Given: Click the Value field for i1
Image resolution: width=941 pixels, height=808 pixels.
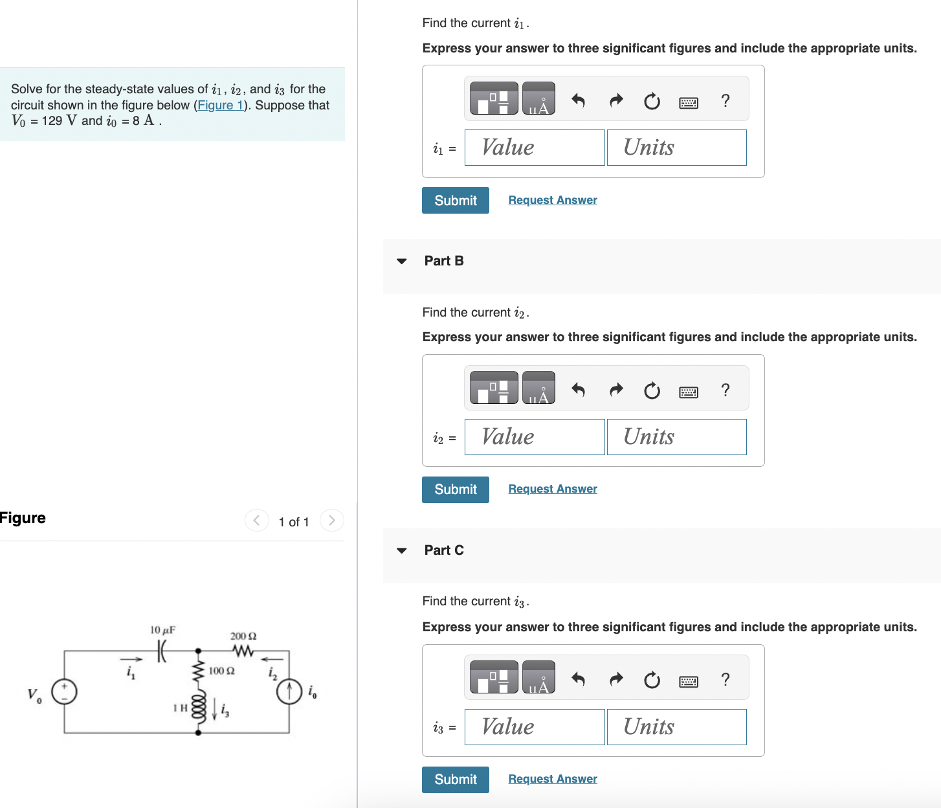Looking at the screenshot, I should point(535,148).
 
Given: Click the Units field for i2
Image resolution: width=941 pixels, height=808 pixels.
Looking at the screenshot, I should point(676,437).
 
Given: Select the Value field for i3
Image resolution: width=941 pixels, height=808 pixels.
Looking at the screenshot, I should point(535,726).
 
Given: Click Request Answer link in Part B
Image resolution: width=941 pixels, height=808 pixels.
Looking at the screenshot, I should point(552,489).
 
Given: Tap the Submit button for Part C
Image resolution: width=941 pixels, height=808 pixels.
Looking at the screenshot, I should point(455,779).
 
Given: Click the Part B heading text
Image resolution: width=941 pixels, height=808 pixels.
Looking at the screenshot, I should point(443,261).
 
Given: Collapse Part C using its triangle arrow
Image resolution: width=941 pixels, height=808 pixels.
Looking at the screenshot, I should point(402,550).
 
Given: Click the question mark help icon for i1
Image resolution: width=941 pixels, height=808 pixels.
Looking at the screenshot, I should point(725,100).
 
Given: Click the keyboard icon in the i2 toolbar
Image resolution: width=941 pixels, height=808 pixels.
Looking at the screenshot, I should point(688,392).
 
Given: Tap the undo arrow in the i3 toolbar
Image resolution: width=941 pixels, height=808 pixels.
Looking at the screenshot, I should point(578,679).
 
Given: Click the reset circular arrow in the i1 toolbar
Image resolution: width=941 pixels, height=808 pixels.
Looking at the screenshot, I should point(652,101).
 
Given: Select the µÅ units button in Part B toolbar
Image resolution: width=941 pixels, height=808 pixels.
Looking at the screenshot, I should point(538,388).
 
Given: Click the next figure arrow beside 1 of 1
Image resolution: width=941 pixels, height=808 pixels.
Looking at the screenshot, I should point(331,521).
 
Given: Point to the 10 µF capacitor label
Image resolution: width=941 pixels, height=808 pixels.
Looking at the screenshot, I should point(162,630).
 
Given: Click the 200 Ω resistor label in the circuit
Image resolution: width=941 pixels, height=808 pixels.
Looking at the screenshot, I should point(243,636).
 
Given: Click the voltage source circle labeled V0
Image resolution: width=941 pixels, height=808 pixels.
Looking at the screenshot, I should point(64,691).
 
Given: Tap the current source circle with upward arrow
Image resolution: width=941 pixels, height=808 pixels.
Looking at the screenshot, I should point(289,691).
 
